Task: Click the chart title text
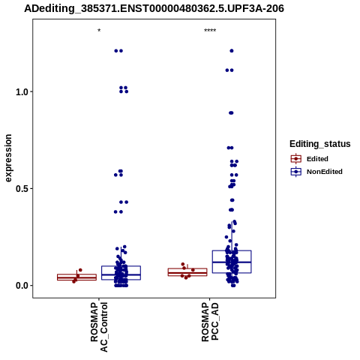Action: pos(154,8)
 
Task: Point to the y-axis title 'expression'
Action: pos(8,158)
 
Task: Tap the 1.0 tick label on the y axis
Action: pos(21,92)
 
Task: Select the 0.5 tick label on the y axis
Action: pos(21,189)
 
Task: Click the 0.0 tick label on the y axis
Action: pos(21,286)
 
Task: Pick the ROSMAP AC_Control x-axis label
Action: pos(99,327)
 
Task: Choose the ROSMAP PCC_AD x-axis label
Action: pos(210,322)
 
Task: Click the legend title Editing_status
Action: pos(320,144)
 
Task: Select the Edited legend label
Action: pos(317,159)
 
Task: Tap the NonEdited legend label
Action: pos(325,172)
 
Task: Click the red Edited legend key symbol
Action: pos(296,159)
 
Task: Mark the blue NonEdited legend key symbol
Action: pos(296,172)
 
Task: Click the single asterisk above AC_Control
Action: pos(99,31)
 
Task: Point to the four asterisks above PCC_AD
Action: pos(210,31)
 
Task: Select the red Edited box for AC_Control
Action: pos(76,277)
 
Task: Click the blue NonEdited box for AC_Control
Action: pos(121,266)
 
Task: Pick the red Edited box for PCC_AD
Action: pos(187,268)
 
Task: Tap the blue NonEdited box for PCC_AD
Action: pos(232,250)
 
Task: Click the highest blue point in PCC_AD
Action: pos(232,51)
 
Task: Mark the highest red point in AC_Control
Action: pos(80,270)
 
